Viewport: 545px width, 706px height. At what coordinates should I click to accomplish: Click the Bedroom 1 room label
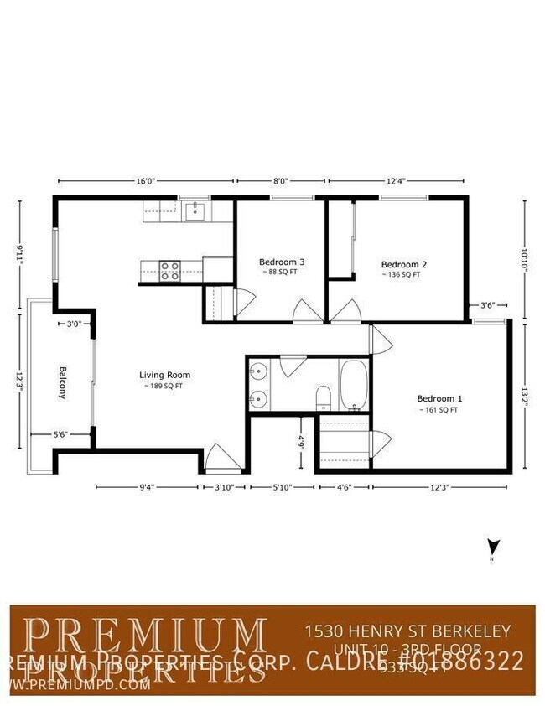(439, 398)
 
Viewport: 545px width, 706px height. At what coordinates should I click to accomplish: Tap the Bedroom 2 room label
(403, 264)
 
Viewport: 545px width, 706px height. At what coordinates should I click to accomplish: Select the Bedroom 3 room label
(281, 262)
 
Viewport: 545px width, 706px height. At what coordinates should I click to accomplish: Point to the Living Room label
(165, 375)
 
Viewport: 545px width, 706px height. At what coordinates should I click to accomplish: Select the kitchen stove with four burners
(170, 270)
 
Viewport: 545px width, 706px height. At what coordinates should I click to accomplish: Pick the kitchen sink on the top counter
(195, 210)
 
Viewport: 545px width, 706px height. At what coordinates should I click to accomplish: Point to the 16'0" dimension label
(146, 180)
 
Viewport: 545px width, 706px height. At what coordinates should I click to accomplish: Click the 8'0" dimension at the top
(280, 180)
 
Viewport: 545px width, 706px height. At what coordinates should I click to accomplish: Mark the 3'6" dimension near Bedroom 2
(487, 305)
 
